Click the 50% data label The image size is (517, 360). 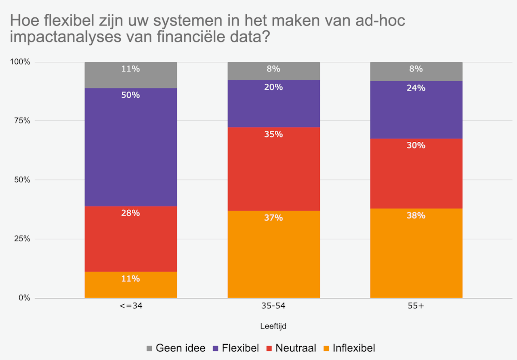click(x=130, y=95)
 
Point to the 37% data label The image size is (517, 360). click(x=273, y=218)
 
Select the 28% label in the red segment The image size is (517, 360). click(x=130, y=213)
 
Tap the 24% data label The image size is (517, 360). click(x=416, y=88)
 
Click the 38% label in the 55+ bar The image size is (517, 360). click(x=416, y=216)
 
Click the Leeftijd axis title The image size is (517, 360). click(x=273, y=326)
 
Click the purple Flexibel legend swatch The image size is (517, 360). click(x=214, y=348)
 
